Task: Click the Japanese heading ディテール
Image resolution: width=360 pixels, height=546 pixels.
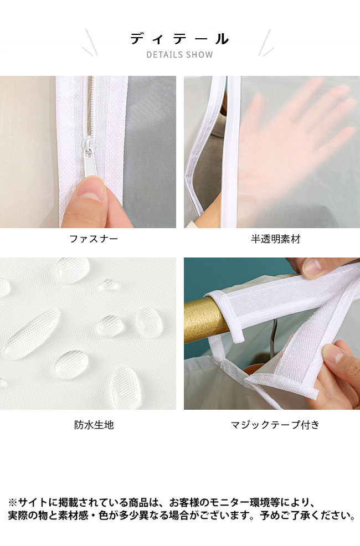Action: [x=179, y=39]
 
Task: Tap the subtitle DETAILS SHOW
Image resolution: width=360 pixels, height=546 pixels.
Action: [x=179, y=55]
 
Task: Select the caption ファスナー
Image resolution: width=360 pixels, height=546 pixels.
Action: [x=94, y=239]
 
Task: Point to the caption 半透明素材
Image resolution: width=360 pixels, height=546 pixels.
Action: [x=275, y=239]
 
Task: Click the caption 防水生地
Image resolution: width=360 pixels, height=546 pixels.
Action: [x=94, y=425]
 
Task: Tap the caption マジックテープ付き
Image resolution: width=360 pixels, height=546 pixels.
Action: [x=275, y=425]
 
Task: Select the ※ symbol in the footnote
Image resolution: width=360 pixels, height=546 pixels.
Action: [x=12, y=502]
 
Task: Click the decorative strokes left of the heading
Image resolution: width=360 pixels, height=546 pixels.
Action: [x=90, y=43]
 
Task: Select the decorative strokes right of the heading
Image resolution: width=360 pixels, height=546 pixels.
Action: [x=266, y=43]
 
